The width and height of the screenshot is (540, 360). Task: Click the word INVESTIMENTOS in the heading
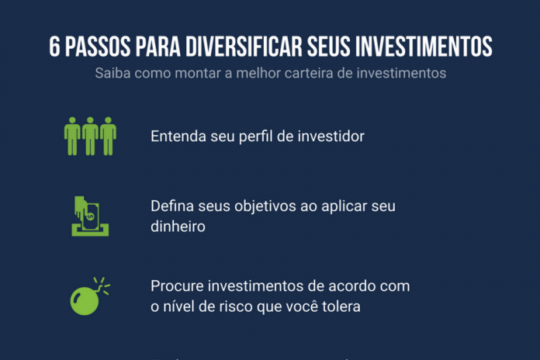pos(424,47)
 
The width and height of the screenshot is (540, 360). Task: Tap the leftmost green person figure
pos(72,136)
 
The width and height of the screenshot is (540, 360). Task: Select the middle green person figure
pos(90,136)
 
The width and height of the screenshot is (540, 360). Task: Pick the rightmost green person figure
pos(108,136)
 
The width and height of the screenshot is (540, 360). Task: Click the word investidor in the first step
pos(331,137)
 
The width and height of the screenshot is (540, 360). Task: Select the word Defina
pos(171,208)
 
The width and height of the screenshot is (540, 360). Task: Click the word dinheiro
pos(178,228)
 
